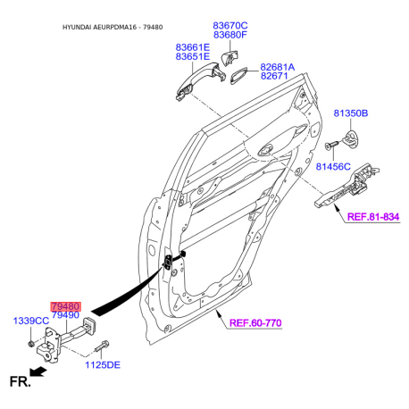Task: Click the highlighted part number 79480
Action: coord(65,306)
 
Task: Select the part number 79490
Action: coord(65,315)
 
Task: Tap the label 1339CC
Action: coord(31,321)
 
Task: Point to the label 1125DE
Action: coord(103,365)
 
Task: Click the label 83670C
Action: coord(230,26)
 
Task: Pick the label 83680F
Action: coord(230,35)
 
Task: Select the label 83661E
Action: coord(193,47)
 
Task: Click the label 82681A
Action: coord(278,67)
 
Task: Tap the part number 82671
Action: coord(274,76)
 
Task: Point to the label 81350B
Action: coord(351,113)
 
